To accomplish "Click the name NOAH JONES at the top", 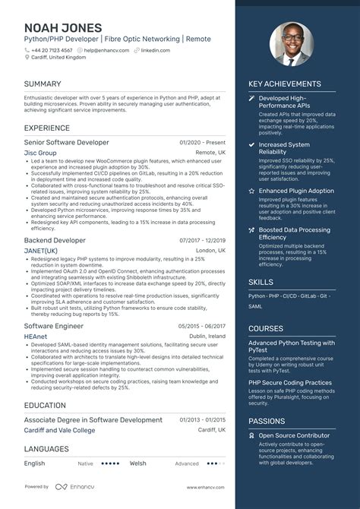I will [x=63, y=27].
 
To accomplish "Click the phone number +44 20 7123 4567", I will [x=52, y=50].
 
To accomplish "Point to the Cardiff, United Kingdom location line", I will [x=59, y=58].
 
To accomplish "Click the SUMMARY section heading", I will [x=43, y=84].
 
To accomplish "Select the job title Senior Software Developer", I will [x=67, y=142].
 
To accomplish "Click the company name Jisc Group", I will [x=40, y=153].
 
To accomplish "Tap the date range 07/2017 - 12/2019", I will [x=202, y=240].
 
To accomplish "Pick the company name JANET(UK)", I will [x=41, y=251].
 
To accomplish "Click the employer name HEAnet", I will [x=36, y=337].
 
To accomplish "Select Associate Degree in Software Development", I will [x=93, y=420].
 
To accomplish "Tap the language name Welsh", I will [x=137, y=463].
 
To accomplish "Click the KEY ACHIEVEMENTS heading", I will [x=285, y=84].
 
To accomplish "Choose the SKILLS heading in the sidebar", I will [x=261, y=282].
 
